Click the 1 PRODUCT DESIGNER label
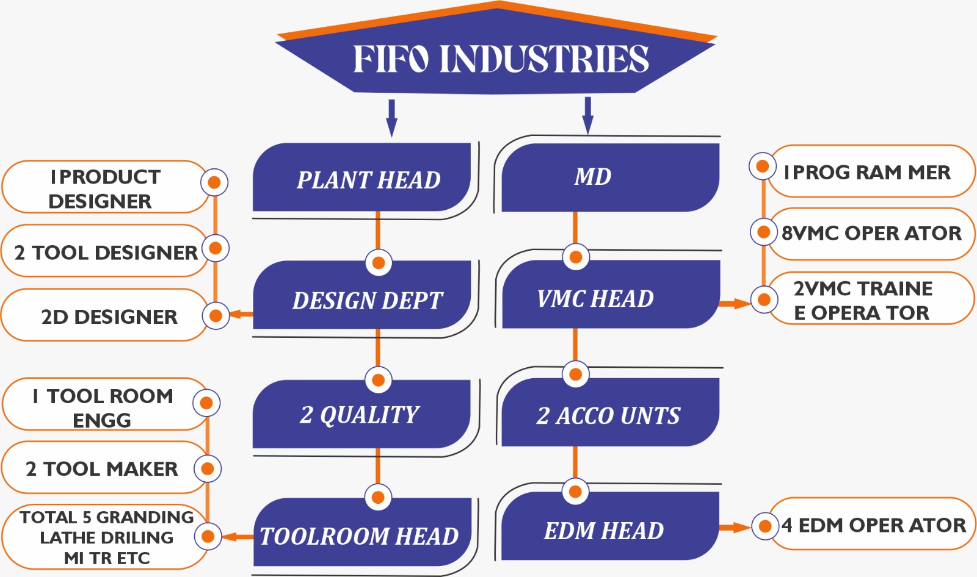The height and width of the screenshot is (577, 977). [104, 188]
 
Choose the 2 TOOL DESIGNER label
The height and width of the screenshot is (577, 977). [105, 252]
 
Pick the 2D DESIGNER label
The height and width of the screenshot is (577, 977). [108, 316]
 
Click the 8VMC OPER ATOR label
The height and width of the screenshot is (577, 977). [872, 234]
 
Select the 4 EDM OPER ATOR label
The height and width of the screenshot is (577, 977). [874, 525]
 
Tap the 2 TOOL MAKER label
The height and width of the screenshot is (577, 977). [102, 468]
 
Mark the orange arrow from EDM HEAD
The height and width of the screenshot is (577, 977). [735, 527]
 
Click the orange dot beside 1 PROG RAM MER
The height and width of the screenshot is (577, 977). [762, 166]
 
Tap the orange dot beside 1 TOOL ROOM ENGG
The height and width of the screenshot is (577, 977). [206, 403]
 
